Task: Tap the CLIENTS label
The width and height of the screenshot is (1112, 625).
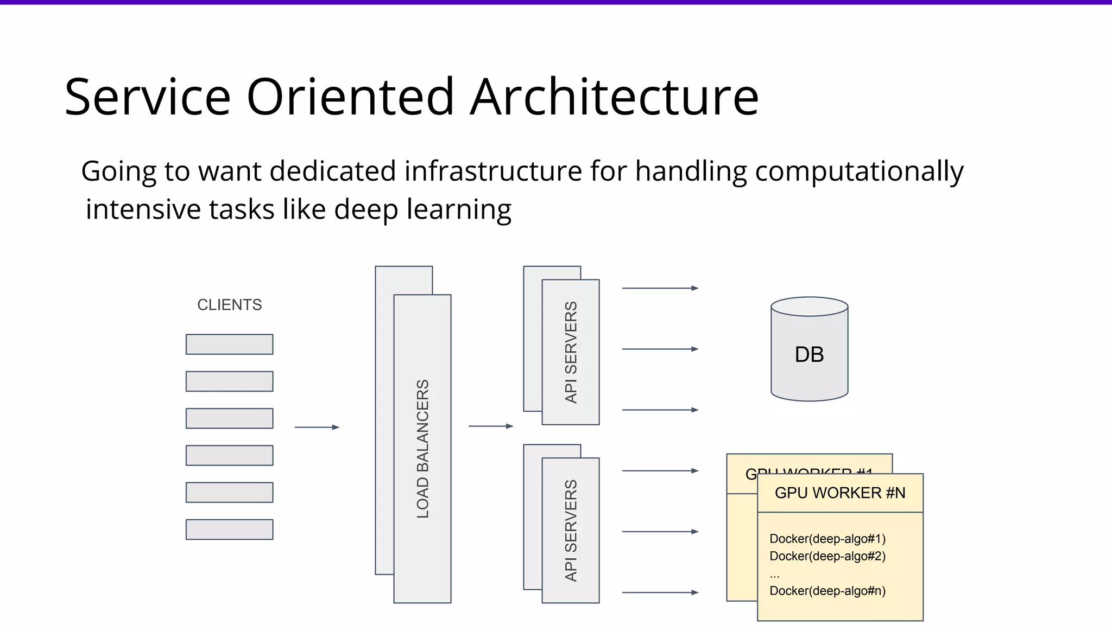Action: coord(229,305)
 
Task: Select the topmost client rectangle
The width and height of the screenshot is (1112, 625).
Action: coord(229,344)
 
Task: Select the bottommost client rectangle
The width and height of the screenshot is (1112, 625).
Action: coord(229,529)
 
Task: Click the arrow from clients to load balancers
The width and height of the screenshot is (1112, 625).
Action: coord(317,428)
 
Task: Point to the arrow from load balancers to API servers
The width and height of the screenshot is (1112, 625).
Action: coord(491,426)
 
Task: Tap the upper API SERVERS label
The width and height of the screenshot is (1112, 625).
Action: coord(571,352)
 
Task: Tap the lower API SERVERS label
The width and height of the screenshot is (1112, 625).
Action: coord(571,530)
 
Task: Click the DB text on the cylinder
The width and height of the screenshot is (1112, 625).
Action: coord(809,355)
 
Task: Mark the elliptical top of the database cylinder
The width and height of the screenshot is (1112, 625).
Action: coord(809,307)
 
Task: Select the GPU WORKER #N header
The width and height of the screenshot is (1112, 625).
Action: coord(840,493)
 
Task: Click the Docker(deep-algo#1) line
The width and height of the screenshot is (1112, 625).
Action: coord(827,539)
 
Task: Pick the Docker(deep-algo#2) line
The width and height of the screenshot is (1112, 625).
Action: coord(827,556)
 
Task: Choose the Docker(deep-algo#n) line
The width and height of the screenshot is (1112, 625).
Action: coord(827,591)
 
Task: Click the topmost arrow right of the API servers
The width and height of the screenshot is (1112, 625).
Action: coord(660,288)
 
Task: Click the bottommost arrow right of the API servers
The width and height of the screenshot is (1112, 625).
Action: coord(660,592)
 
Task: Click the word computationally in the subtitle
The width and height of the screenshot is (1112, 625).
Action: coord(859,171)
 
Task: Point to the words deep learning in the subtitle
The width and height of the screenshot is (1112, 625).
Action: coord(422,209)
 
